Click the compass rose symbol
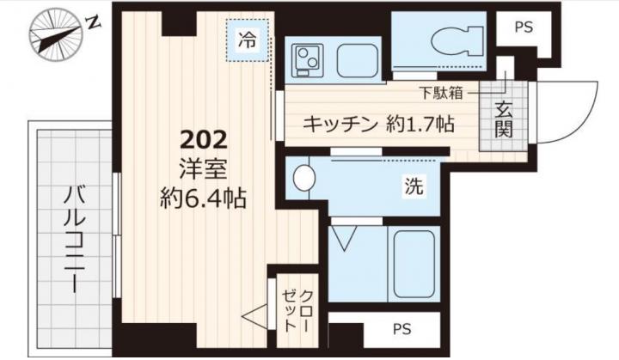[x=56, y=34]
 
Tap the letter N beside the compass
[x=94, y=23]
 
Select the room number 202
[x=204, y=139]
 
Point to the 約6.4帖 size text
[x=203, y=198]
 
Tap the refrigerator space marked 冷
[x=248, y=40]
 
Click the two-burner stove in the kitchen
[x=307, y=60]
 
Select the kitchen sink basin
[x=356, y=60]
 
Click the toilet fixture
[x=457, y=40]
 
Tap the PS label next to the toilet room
[x=524, y=27]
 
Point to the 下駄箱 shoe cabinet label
[x=441, y=93]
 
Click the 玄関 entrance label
[x=504, y=119]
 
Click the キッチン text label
[x=340, y=125]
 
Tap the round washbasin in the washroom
[x=304, y=177]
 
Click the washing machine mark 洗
[x=414, y=186]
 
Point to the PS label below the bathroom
[x=401, y=328]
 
